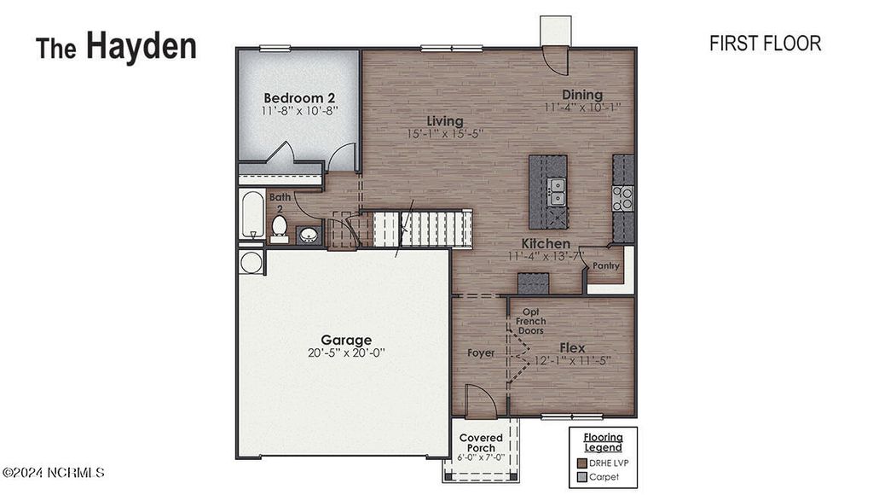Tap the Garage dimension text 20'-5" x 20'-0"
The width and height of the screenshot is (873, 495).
(346, 352)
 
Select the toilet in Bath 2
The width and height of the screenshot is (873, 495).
(280, 226)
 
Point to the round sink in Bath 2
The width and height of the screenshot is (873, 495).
(309, 234)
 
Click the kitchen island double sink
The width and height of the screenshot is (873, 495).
(557, 191)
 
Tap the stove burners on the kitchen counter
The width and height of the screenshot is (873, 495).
(623, 198)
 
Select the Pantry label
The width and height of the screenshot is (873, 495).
(606, 266)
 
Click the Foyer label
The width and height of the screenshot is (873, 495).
(481, 352)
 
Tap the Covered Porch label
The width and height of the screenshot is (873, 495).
(482, 442)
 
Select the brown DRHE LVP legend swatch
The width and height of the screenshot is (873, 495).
(582, 463)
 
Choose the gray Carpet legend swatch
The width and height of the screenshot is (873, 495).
(582, 477)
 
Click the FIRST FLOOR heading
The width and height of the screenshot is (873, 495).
(765, 44)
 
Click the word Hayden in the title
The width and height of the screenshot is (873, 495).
(141, 46)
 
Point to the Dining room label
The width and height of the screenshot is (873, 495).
(582, 95)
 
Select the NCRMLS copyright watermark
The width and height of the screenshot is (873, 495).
(53, 472)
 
